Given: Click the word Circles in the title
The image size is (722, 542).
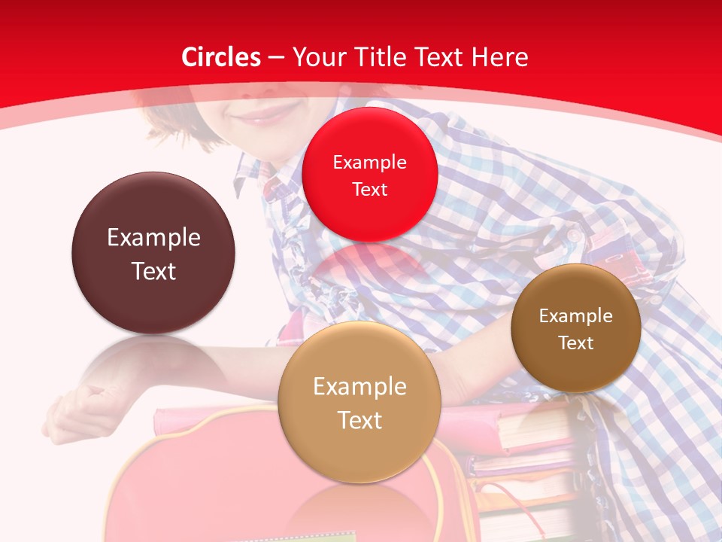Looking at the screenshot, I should (220, 57).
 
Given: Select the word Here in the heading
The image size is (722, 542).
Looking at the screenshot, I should (500, 57).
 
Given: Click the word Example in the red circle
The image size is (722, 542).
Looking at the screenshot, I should (369, 163).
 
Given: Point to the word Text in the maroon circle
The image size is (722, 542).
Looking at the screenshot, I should (153, 271).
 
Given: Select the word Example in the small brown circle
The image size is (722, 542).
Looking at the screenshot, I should (576, 316).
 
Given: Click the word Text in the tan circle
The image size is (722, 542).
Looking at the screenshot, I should (359, 420).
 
